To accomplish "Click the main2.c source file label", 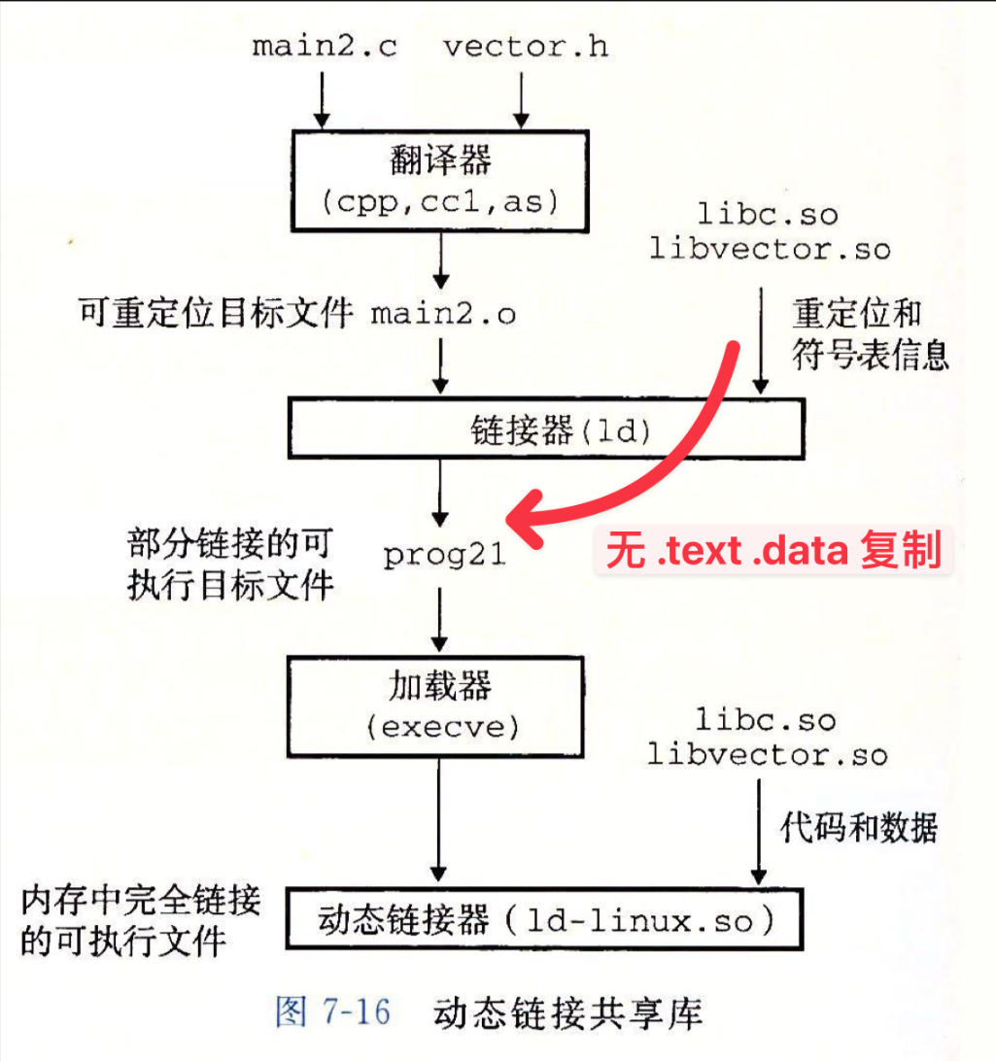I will [325, 47].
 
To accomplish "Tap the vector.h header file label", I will [526, 47].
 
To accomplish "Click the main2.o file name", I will [443, 314].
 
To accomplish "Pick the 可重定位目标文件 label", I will [215, 314].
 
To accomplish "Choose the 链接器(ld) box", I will [545, 429].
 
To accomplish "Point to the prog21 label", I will [444, 555].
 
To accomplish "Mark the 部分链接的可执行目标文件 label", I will [230, 564].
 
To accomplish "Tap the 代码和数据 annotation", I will [858, 828].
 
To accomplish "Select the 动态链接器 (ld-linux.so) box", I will [545, 920].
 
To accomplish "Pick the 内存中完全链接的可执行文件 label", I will [141, 921].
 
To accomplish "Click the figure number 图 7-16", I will [332, 1013].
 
